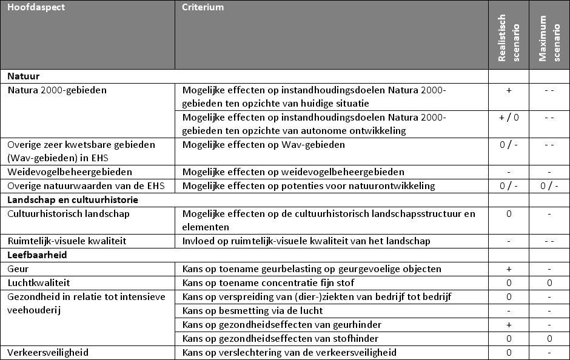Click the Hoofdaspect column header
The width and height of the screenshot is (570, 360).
coord(36,8)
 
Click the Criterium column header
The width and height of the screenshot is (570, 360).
coord(203,8)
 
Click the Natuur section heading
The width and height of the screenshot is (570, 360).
coord(24,77)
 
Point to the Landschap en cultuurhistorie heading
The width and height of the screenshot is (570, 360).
coord(73,199)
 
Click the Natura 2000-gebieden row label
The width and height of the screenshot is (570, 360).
coord(57,91)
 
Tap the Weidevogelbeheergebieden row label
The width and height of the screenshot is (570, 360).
coord(69,172)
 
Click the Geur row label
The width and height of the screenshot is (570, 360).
coord(18,269)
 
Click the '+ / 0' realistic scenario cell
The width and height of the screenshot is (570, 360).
coord(509,118)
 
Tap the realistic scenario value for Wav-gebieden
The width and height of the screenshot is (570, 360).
coord(509,145)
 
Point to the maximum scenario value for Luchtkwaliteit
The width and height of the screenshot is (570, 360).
coord(549,283)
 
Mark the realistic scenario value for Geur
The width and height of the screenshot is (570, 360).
coord(509,269)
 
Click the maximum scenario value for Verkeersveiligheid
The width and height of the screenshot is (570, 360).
coord(549,353)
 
